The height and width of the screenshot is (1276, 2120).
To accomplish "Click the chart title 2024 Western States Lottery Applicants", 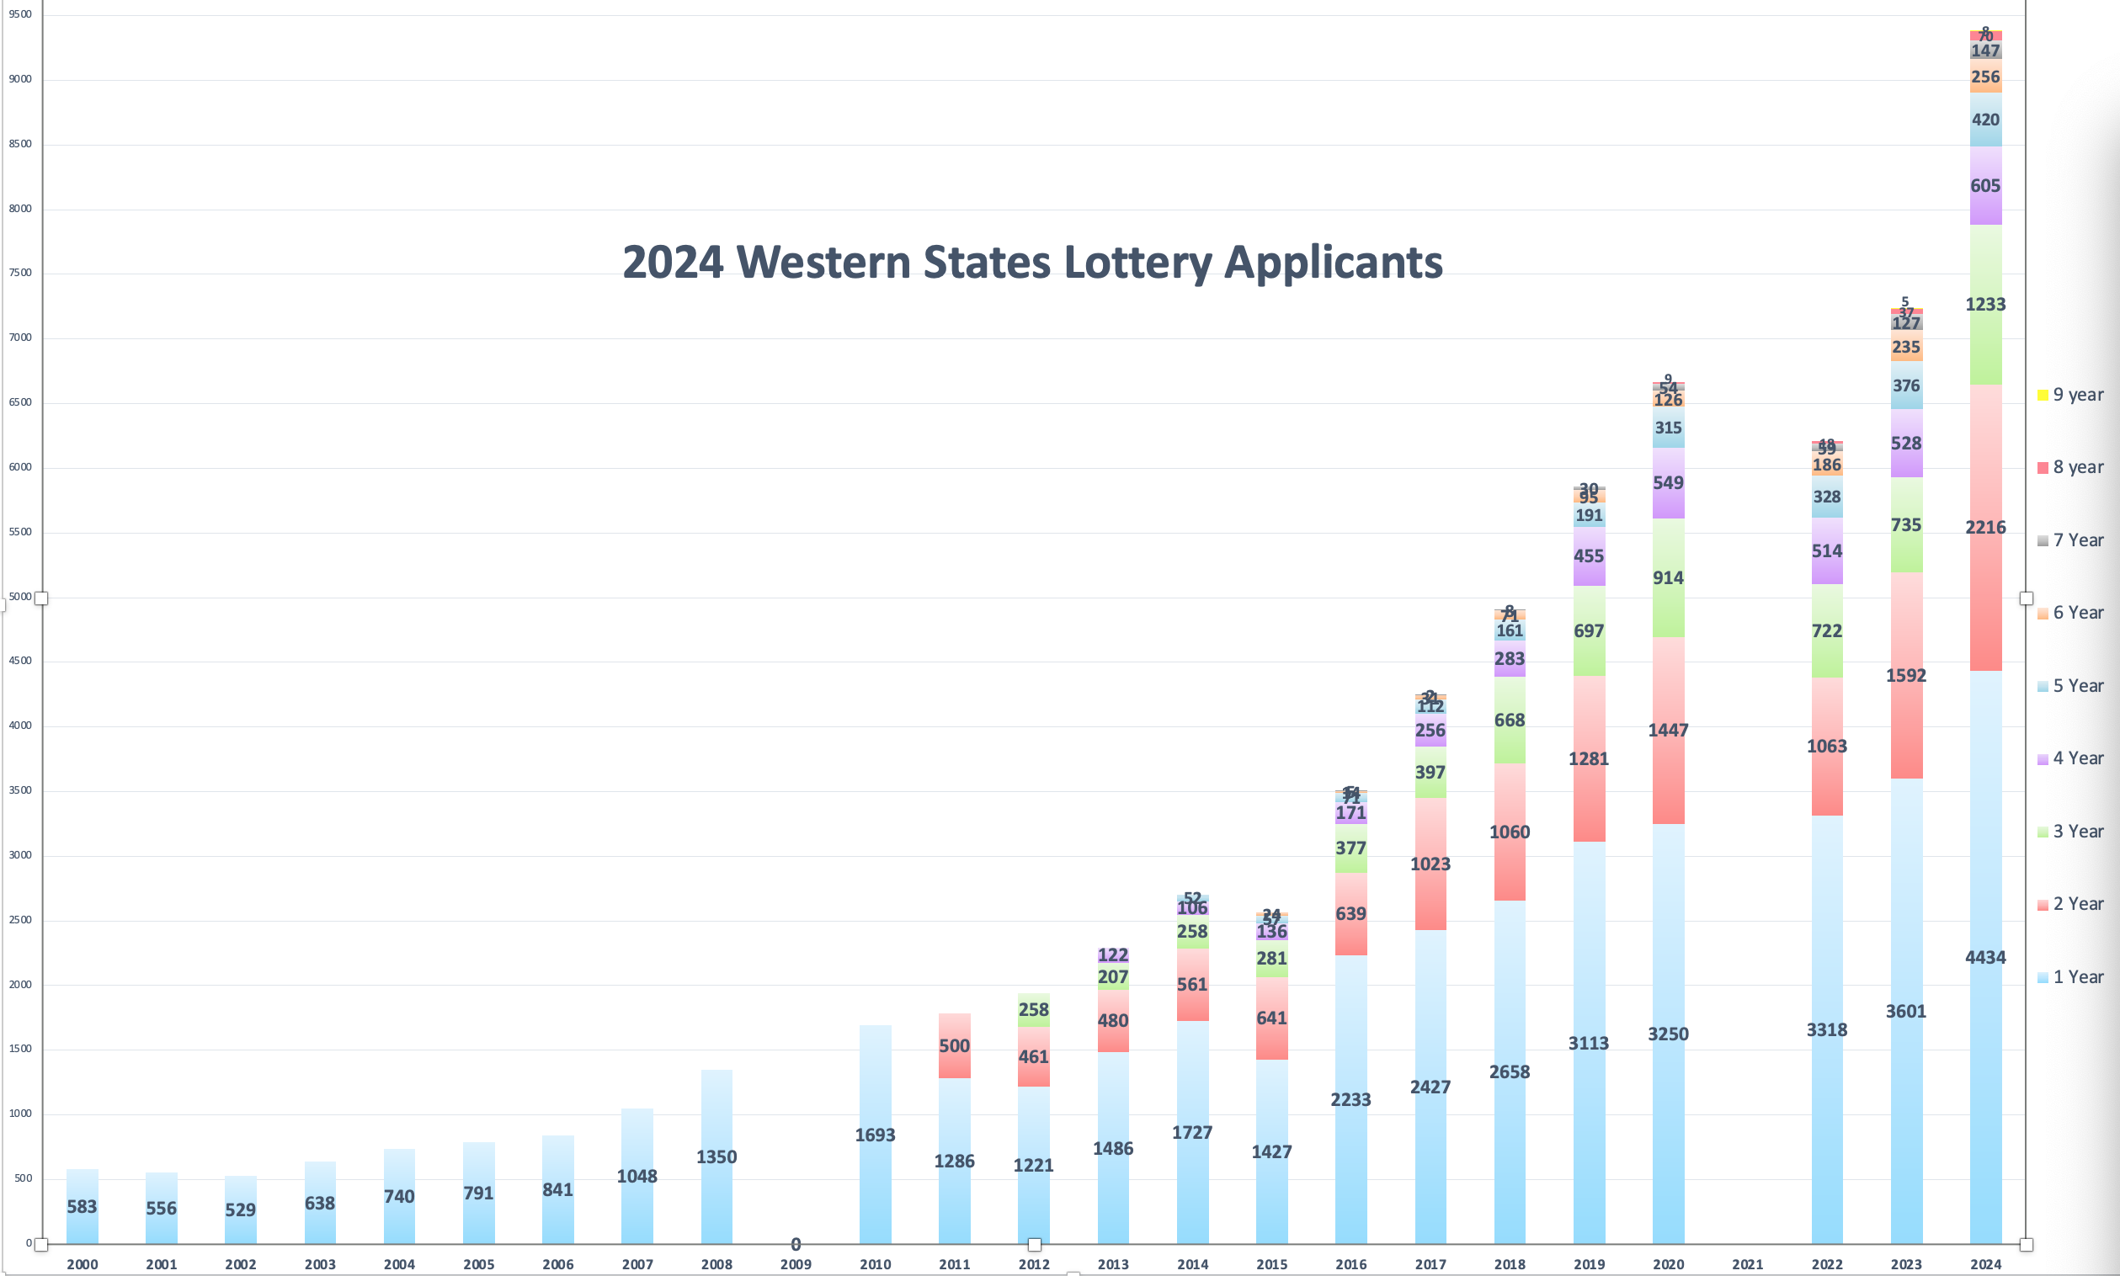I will (x=1032, y=263).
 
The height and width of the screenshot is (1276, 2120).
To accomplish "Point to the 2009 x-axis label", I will (x=796, y=1264).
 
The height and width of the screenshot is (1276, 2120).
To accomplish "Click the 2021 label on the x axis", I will (x=1748, y=1264).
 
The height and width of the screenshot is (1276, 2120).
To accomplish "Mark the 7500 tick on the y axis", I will (x=19, y=273).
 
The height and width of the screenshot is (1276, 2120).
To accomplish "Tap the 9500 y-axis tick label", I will (x=19, y=14).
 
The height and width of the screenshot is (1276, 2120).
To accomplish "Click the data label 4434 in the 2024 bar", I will (x=1985, y=957).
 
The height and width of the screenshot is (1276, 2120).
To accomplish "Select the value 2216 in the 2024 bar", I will (x=1985, y=527).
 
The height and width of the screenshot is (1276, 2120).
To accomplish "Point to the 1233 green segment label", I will (x=1985, y=305).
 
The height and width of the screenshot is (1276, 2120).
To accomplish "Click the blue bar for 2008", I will (x=716, y=1118).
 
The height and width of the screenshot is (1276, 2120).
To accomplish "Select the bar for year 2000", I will (x=83, y=1206).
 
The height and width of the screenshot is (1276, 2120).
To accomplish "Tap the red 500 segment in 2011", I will (x=954, y=1045).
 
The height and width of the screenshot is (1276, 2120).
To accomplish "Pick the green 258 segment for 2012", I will (x=1033, y=1009).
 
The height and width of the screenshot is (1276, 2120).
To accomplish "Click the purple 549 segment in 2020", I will (x=1668, y=482).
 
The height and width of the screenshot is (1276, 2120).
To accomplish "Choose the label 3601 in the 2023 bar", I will (x=1906, y=1011).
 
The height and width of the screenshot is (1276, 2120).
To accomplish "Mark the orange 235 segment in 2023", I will (x=1906, y=348).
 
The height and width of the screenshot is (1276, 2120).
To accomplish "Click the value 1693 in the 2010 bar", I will (x=875, y=1135).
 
